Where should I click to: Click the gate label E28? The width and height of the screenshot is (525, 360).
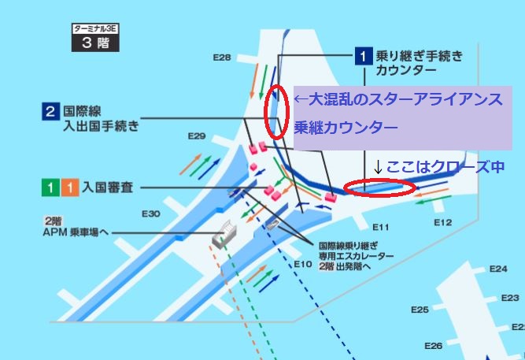222,58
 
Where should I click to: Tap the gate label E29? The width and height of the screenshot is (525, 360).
197,137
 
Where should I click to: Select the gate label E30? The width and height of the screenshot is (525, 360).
151,213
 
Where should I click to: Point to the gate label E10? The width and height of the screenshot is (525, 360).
303,264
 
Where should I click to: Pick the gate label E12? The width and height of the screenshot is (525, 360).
443,223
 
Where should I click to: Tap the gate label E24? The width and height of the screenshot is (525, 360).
498,269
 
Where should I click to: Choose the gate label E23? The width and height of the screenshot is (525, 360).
510,298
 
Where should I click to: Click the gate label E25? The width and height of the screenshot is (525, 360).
420,310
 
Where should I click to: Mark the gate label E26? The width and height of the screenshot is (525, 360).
434,346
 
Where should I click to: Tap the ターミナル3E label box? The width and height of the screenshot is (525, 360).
94,29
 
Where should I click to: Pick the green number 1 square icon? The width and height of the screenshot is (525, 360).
49,188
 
